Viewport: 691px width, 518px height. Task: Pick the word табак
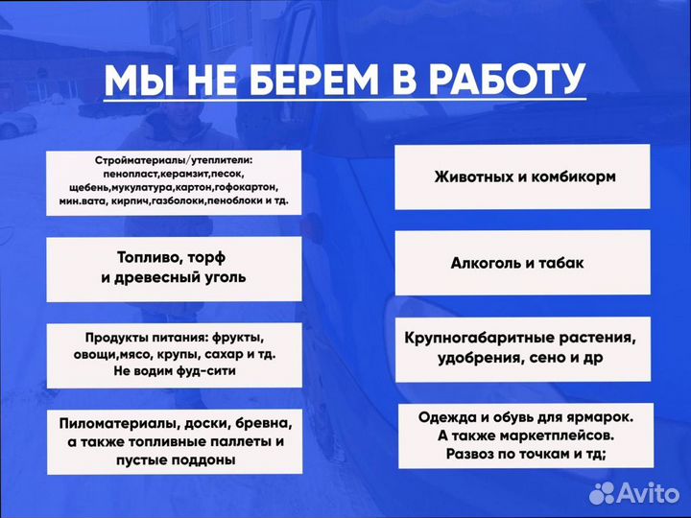coord(562,262)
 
